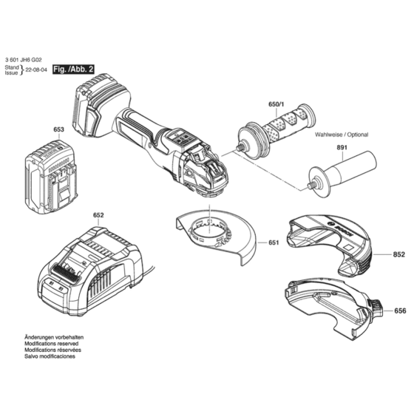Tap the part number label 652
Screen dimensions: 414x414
[x=98, y=215]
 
